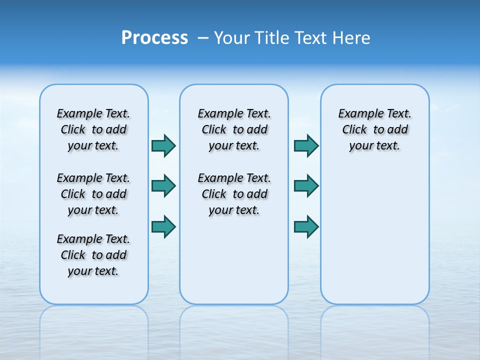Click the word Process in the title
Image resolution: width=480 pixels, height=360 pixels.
click(154, 37)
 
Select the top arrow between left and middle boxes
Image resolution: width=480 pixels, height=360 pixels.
click(163, 145)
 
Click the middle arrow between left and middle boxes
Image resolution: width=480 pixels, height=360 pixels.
click(163, 186)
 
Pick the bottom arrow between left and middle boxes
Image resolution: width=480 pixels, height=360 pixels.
click(163, 226)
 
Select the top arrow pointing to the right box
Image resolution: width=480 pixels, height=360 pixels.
click(306, 145)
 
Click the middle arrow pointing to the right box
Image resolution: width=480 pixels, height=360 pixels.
click(306, 186)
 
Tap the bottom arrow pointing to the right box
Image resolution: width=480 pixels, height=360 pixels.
click(306, 226)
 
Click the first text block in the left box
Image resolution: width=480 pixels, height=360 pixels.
click(93, 129)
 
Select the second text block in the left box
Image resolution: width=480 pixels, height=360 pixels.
click(93, 194)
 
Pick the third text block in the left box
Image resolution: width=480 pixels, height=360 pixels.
click(93, 255)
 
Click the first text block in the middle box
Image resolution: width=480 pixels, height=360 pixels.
click(234, 129)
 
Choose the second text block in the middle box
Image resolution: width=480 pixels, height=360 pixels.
click(234, 194)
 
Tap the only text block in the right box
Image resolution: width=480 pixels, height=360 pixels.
click(375, 129)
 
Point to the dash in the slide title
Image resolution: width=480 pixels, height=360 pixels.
click(203, 38)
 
